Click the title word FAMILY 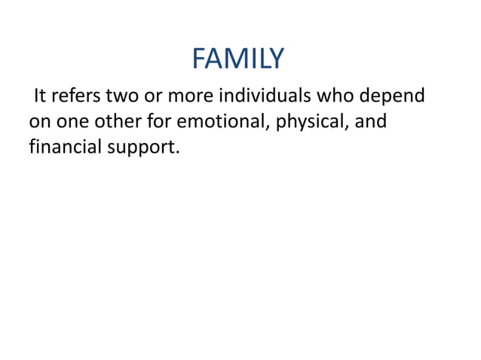(x=238, y=58)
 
